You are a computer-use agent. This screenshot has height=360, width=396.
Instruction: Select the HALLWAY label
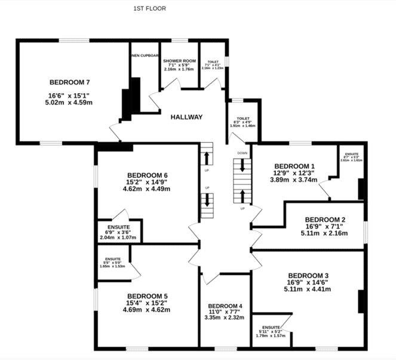[186, 117]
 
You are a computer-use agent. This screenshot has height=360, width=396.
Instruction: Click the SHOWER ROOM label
[180, 61]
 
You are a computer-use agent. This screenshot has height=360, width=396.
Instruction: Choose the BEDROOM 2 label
[325, 219]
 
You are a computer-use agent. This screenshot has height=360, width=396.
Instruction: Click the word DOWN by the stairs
[242, 153]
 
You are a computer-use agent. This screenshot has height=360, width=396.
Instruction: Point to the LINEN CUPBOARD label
[145, 56]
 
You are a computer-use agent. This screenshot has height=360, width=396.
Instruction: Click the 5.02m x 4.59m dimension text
[70, 102]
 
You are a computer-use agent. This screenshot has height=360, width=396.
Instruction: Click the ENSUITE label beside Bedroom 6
[118, 227]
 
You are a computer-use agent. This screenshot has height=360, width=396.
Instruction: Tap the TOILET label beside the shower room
[213, 61]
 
